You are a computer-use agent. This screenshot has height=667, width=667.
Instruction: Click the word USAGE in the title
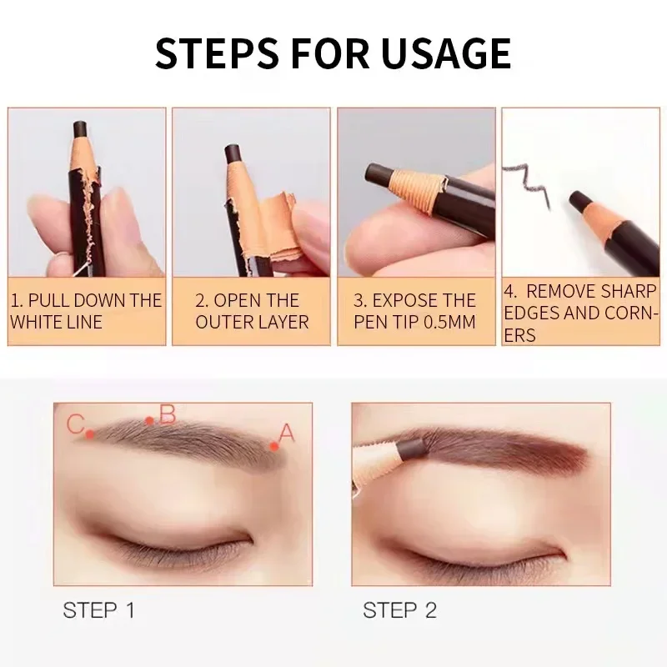[445, 53]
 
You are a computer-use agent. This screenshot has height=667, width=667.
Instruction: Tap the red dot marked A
[274, 446]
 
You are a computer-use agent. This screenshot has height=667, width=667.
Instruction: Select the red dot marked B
[149, 421]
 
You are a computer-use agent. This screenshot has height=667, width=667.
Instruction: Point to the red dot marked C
[89, 434]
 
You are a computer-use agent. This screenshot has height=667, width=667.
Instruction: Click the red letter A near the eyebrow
[286, 433]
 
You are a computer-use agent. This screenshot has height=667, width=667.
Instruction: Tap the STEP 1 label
[98, 610]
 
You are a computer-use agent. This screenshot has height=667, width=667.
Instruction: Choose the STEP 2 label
[400, 610]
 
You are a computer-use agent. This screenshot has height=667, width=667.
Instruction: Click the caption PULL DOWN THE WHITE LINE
[86, 311]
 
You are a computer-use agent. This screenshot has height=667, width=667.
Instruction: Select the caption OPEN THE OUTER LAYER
[252, 311]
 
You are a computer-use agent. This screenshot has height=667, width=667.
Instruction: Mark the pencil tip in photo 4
[579, 200]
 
